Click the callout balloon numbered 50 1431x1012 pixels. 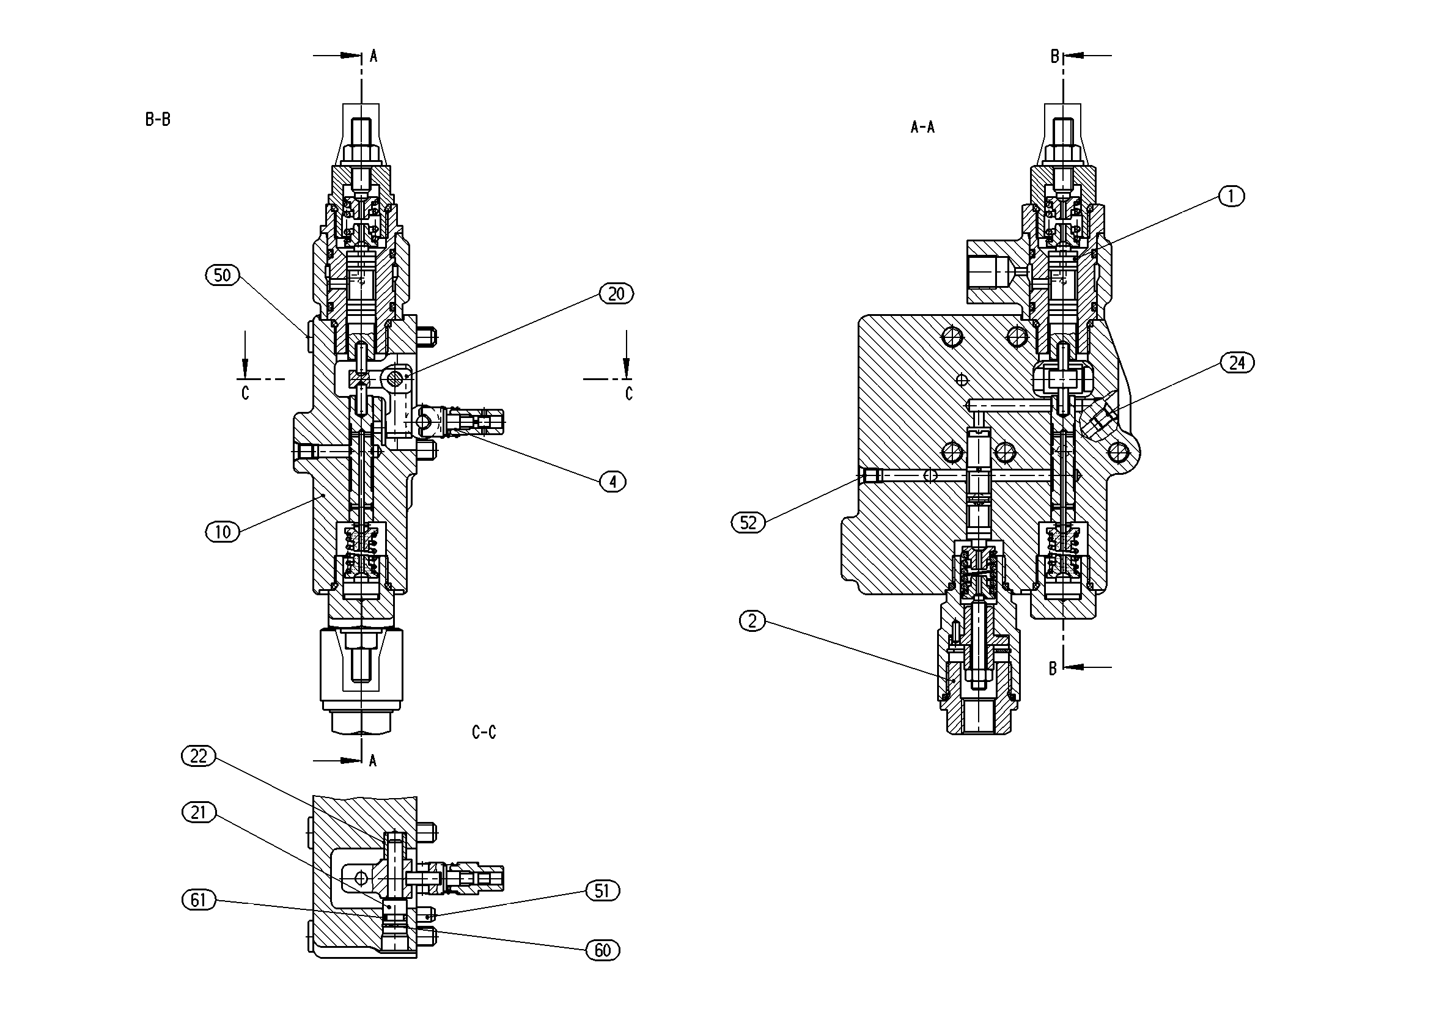pyautogui.click(x=223, y=276)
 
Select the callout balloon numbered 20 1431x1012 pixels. pyautogui.click(x=616, y=294)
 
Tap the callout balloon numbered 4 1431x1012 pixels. pyautogui.click(x=612, y=482)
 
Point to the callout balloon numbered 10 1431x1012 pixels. pyautogui.click(x=223, y=532)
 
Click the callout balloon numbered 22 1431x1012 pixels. pyautogui.click(x=198, y=757)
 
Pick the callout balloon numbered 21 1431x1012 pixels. pyautogui.click(x=198, y=813)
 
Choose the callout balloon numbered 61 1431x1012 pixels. pyautogui.click(x=198, y=900)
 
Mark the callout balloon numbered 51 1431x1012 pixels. pyautogui.click(x=602, y=891)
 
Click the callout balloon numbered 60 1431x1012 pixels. pyautogui.click(x=603, y=950)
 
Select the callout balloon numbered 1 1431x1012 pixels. pyautogui.click(x=1231, y=196)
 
